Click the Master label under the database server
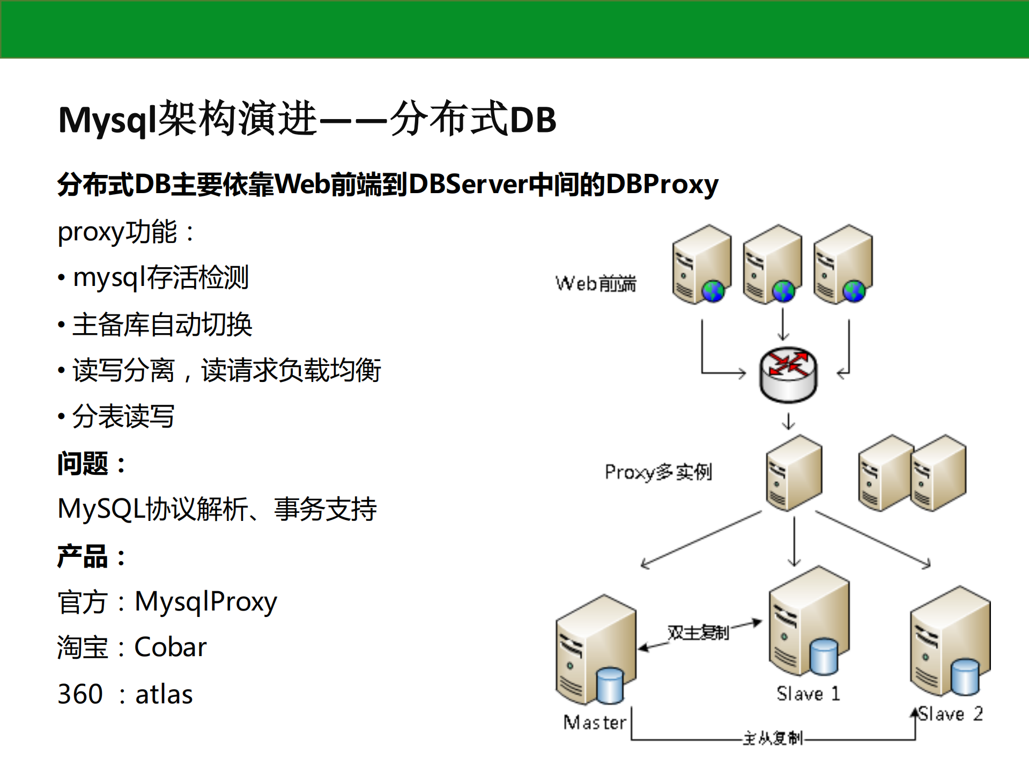(595, 723)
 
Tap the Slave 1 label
(808, 694)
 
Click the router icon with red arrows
(788, 374)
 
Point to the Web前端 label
(596, 283)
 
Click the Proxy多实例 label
(658, 472)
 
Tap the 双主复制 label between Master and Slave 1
(698, 633)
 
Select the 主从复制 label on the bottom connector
(772, 738)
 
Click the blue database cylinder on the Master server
(610, 685)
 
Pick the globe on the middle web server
(783, 291)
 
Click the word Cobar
(170, 647)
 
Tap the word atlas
(164, 694)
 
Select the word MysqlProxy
(205, 601)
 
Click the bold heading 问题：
(92, 464)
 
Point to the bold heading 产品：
(92, 556)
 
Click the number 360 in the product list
(80, 694)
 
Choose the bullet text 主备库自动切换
(162, 325)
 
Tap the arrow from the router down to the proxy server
(788, 421)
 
